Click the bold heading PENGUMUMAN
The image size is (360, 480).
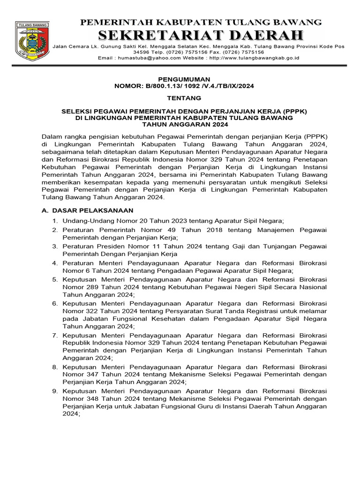coord(184,79)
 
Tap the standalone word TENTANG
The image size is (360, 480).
coord(184,98)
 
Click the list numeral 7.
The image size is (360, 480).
coord(54,336)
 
